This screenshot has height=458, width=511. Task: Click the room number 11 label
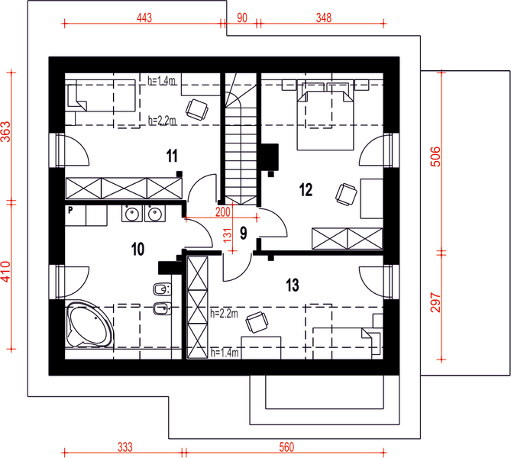172,156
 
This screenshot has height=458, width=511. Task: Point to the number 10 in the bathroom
137,248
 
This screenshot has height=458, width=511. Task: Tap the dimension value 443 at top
147,18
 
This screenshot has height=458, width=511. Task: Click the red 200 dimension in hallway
223,211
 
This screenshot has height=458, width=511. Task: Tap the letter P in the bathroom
70,208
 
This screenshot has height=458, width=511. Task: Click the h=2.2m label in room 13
224,314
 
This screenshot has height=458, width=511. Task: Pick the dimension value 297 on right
435,305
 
